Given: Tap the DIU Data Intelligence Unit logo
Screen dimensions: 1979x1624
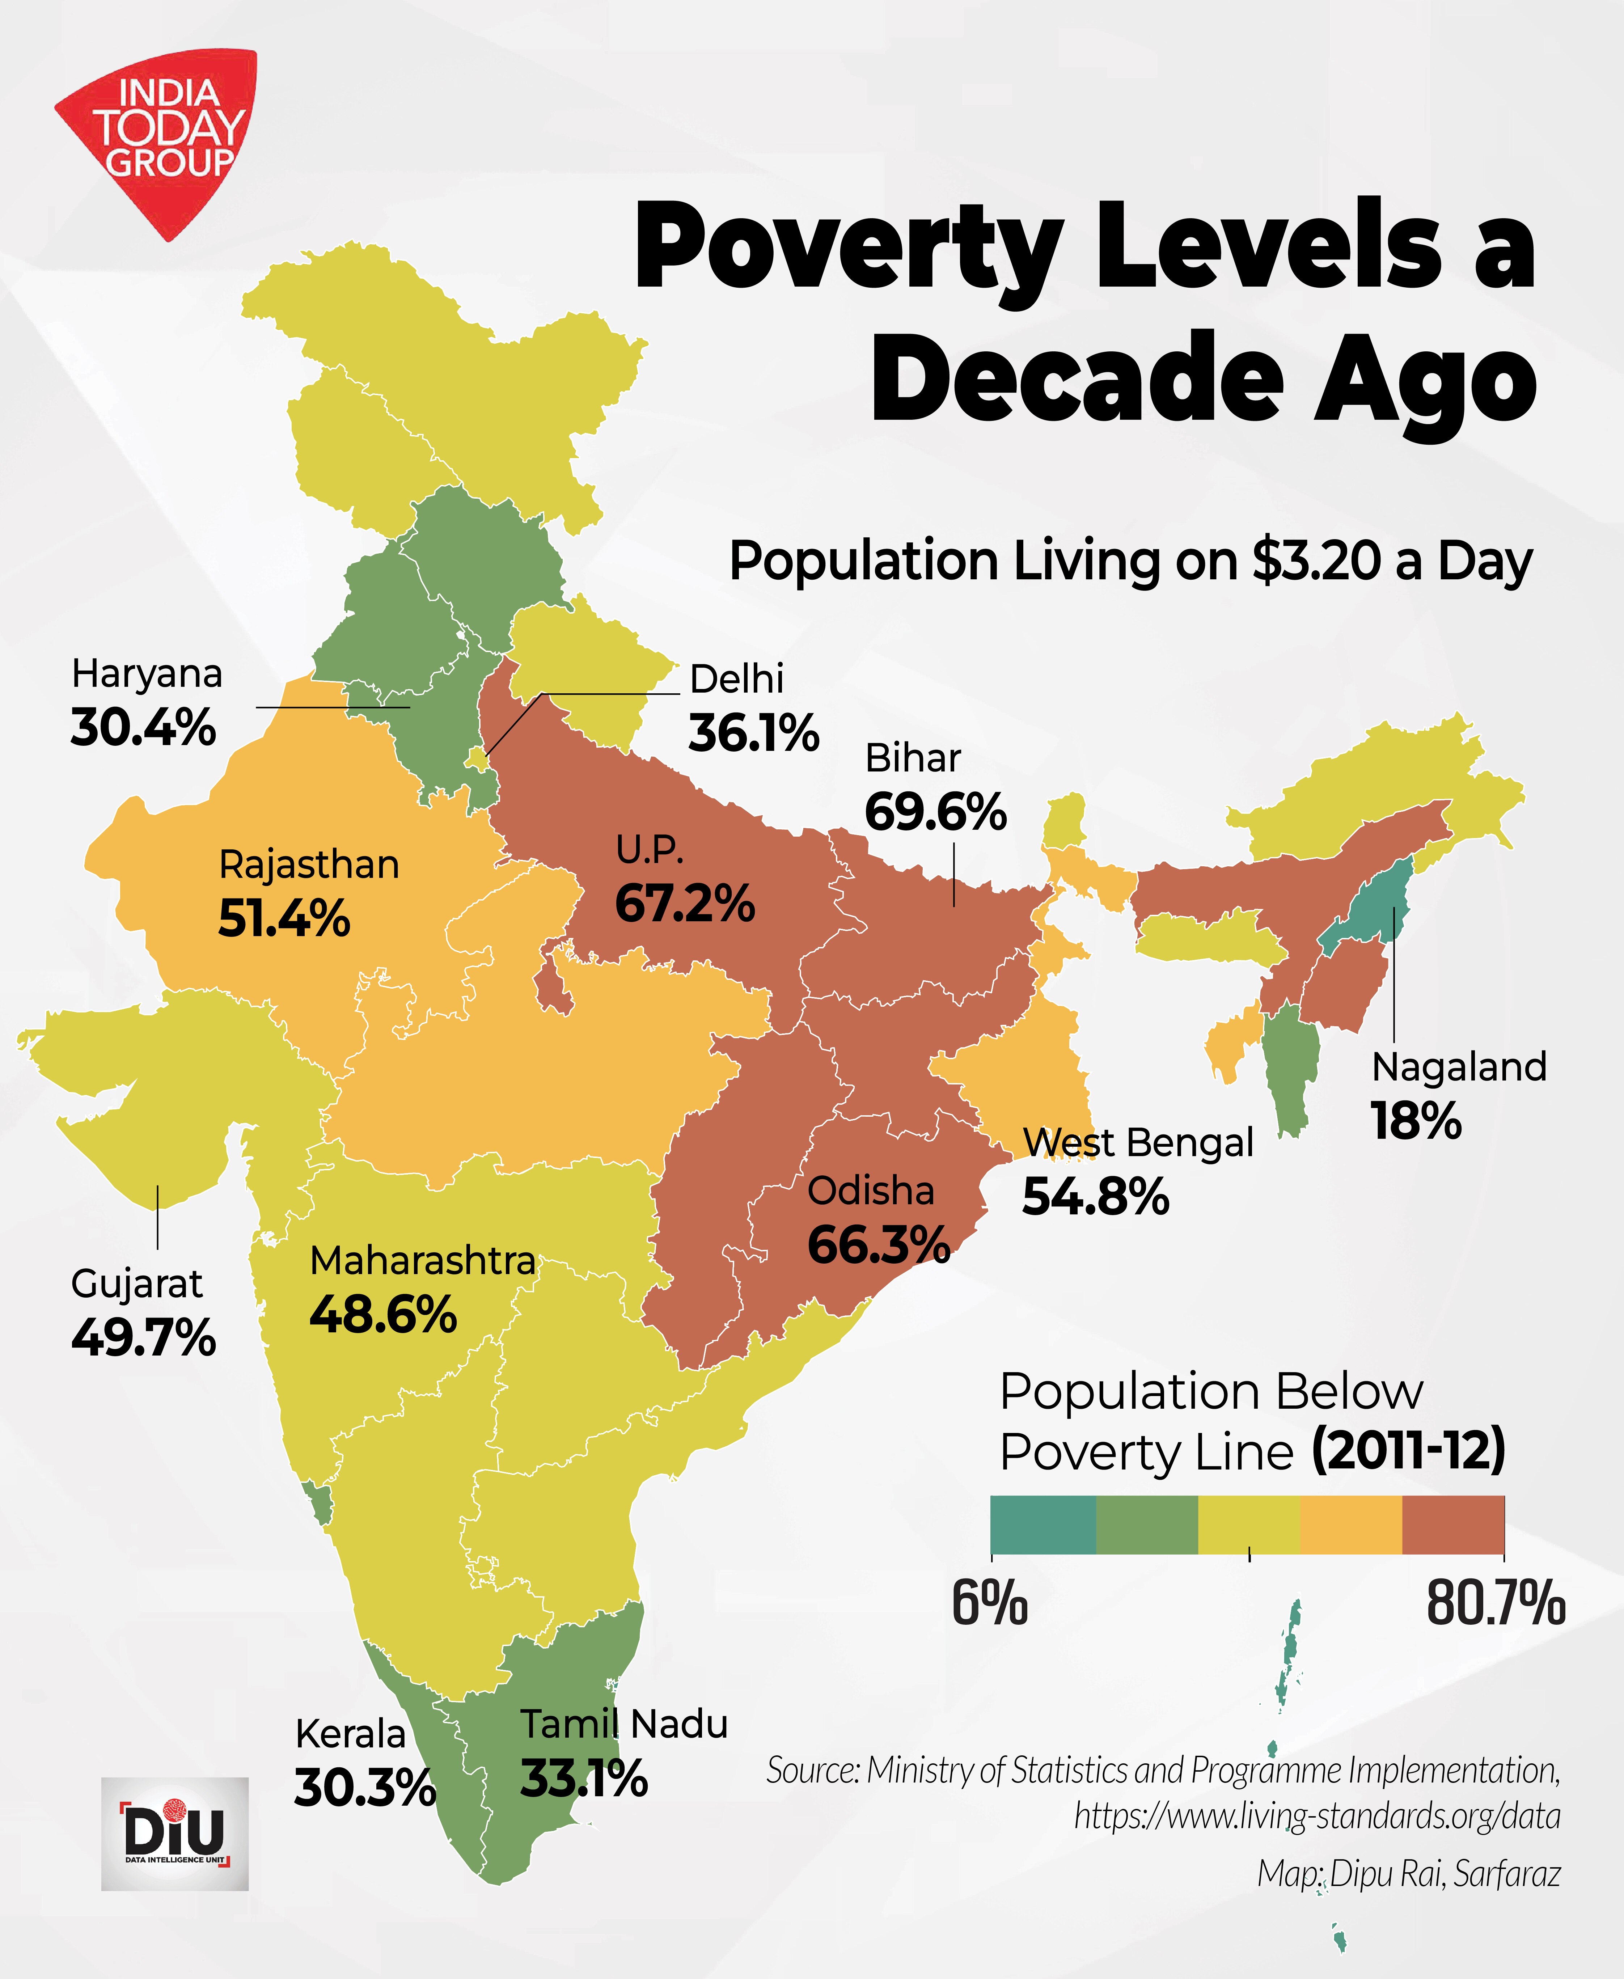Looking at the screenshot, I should click(175, 1833).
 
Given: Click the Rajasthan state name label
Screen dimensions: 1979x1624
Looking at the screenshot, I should click(309, 864).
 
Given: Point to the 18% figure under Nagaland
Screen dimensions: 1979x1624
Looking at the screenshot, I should click(1415, 1120).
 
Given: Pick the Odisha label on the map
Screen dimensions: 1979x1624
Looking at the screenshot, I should click(870, 1191).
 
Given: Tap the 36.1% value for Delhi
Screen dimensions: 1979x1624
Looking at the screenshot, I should click(753, 733).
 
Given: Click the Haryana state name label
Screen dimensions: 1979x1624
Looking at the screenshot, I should click(147, 673).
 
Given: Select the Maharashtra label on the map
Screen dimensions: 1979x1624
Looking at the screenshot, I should click(422, 1261).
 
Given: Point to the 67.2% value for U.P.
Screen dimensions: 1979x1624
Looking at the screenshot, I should click(684, 904).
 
